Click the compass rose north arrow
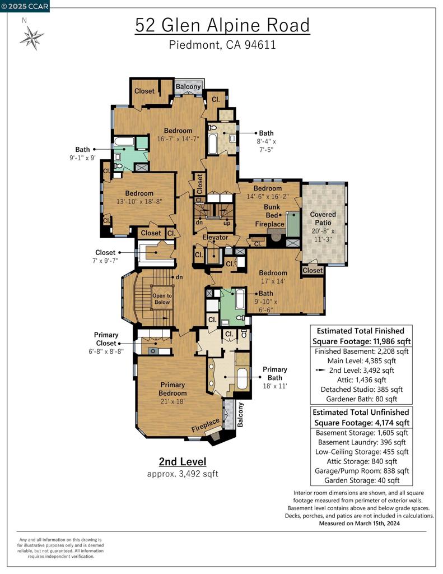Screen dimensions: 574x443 (31, 38)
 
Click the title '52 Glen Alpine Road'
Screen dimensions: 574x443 (222, 25)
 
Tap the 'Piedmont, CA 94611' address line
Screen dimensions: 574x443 (222, 45)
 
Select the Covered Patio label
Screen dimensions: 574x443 (323, 215)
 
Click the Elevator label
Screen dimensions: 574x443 (215, 237)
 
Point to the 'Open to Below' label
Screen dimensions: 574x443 (162, 299)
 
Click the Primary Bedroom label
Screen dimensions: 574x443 (172, 389)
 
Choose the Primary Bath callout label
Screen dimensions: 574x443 (275, 369)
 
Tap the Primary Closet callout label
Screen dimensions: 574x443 (106, 339)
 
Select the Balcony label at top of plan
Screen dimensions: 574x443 (188, 87)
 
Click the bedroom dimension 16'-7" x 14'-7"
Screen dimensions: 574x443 (178, 138)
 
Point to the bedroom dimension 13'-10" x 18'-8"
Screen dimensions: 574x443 (139, 201)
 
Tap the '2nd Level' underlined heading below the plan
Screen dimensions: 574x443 (183, 462)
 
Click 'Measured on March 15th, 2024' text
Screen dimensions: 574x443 (359, 524)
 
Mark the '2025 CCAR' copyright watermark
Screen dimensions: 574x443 (25, 6)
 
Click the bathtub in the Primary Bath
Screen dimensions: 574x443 (243, 379)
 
